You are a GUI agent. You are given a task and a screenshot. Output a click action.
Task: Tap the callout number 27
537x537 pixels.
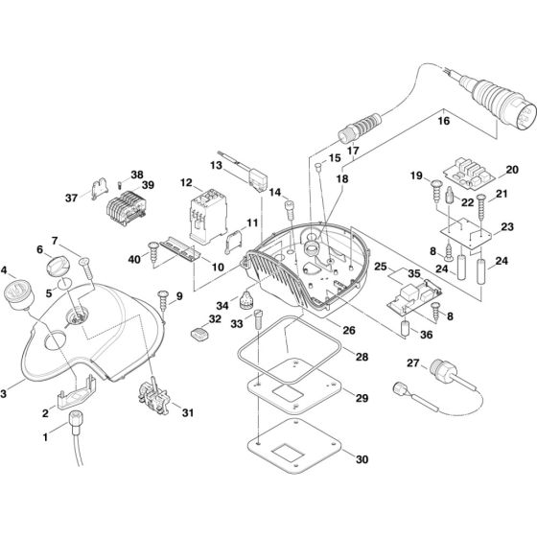point(412,363)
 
